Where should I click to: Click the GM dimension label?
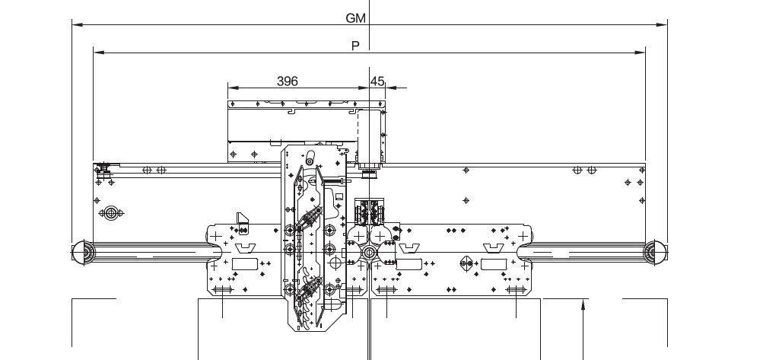click(355, 18)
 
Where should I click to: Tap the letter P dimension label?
click(356, 46)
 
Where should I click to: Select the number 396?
click(287, 81)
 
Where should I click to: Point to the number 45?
click(377, 81)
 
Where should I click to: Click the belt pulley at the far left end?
click(84, 253)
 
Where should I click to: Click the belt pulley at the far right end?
click(655, 253)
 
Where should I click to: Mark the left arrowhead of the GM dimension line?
click(78, 24)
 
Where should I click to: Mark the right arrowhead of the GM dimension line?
click(662, 24)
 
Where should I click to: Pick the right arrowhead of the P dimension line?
click(640, 52)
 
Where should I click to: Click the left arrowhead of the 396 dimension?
click(234, 88)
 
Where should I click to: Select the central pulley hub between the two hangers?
click(369, 253)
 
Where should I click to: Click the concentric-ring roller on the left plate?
click(111, 213)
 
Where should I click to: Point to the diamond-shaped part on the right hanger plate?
click(466, 263)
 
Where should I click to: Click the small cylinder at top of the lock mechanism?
click(310, 158)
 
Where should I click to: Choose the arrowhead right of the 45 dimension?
click(391, 88)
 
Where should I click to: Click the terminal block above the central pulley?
click(370, 211)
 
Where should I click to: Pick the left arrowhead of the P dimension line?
click(99, 52)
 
